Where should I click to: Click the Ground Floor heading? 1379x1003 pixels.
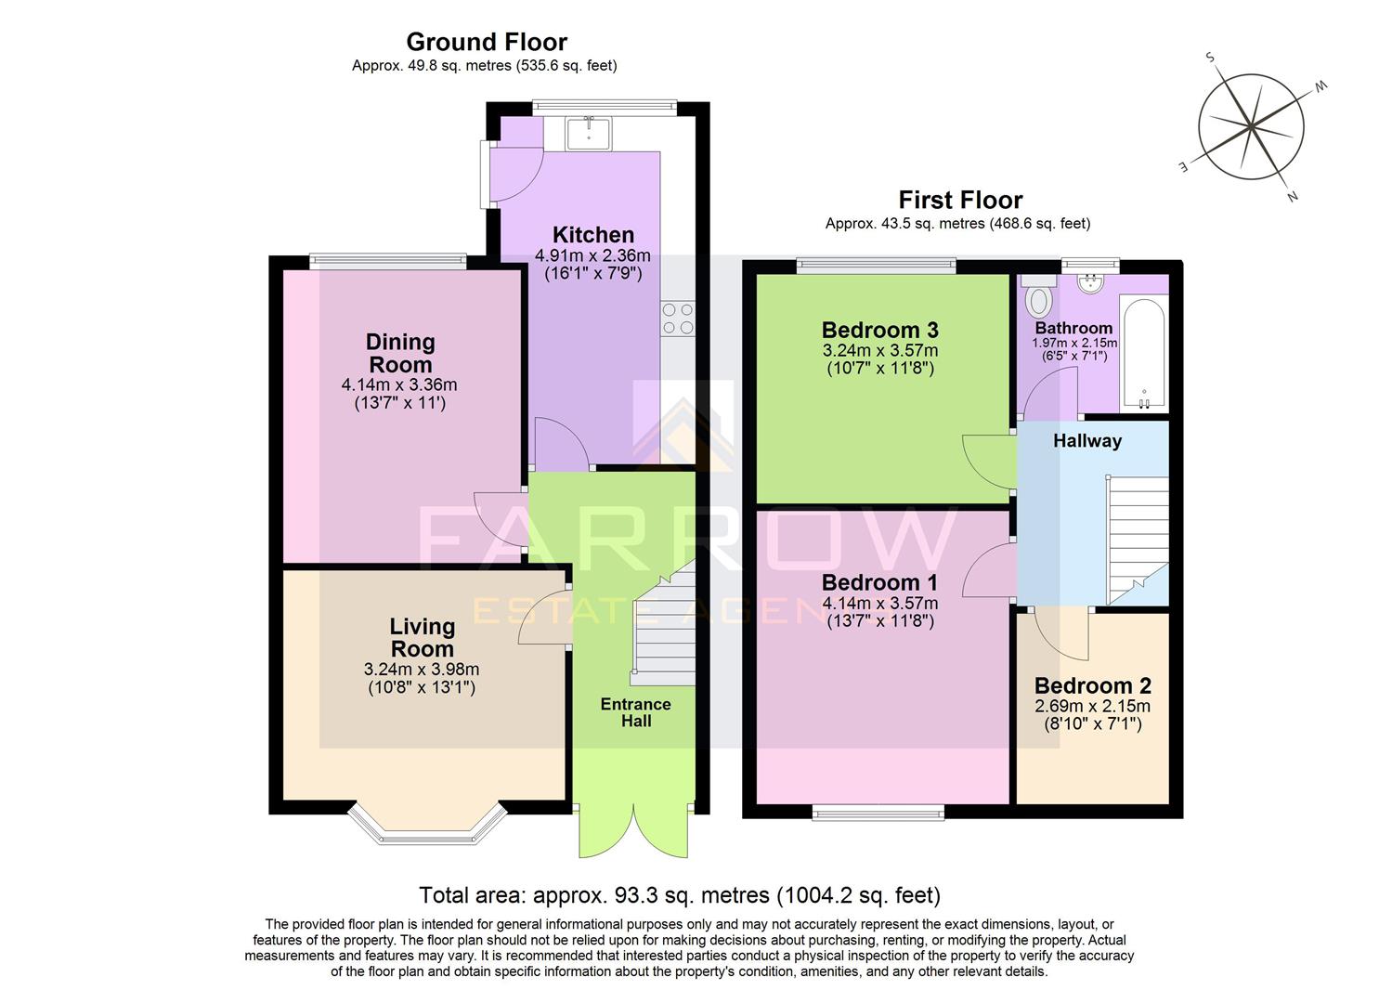[x=487, y=42]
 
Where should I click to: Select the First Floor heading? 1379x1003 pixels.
[x=959, y=200]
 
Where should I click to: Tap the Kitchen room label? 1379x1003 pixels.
[x=593, y=235]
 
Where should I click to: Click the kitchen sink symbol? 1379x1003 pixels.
[x=588, y=134]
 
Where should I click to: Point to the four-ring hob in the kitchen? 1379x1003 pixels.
[x=678, y=319]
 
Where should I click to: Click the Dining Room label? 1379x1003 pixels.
[x=399, y=353]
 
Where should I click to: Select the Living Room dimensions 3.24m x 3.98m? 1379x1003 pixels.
[x=422, y=669]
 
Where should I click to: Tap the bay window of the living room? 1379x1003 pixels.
[x=428, y=824]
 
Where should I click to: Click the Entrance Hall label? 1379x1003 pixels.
[x=635, y=712]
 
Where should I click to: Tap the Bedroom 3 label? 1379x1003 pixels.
[x=879, y=330]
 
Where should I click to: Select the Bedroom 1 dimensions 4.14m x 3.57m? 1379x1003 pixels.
[x=879, y=603]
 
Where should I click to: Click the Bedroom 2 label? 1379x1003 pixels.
[x=1092, y=685]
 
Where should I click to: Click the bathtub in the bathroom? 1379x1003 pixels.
[x=1144, y=354]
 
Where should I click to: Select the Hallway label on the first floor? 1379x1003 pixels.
[x=1086, y=441]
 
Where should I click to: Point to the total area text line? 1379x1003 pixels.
[x=680, y=895]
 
